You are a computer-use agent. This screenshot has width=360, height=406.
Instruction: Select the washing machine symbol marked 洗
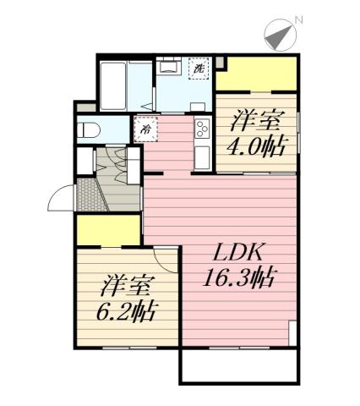(199, 68)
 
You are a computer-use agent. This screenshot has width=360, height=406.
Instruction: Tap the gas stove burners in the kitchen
(203, 129)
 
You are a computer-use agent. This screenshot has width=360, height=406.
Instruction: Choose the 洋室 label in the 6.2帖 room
(126, 284)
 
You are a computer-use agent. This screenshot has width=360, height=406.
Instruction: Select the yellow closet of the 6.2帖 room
(109, 229)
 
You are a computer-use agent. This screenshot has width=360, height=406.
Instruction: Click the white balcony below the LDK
(239, 365)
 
